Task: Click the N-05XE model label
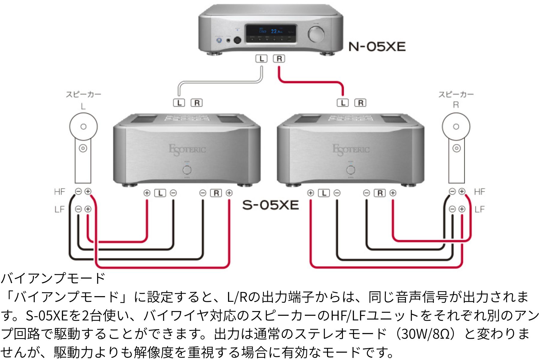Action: (x=377, y=47)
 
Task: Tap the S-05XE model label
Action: (x=270, y=205)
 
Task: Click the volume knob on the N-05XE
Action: (x=316, y=34)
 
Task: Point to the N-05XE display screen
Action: (x=271, y=33)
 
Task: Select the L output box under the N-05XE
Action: (x=261, y=59)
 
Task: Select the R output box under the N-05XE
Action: (x=279, y=59)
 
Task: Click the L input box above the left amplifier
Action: (x=179, y=103)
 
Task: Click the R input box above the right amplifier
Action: (x=360, y=103)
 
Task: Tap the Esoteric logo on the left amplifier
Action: (x=187, y=149)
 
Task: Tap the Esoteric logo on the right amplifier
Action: (x=351, y=149)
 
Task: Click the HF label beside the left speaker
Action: (x=59, y=192)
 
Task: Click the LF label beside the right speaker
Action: (x=480, y=209)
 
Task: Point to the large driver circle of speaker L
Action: (x=83, y=127)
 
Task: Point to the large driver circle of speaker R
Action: (x=456, y=127)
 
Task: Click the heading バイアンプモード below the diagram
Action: (x=53, y=278)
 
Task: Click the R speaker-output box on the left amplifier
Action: (x=216, y=193)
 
